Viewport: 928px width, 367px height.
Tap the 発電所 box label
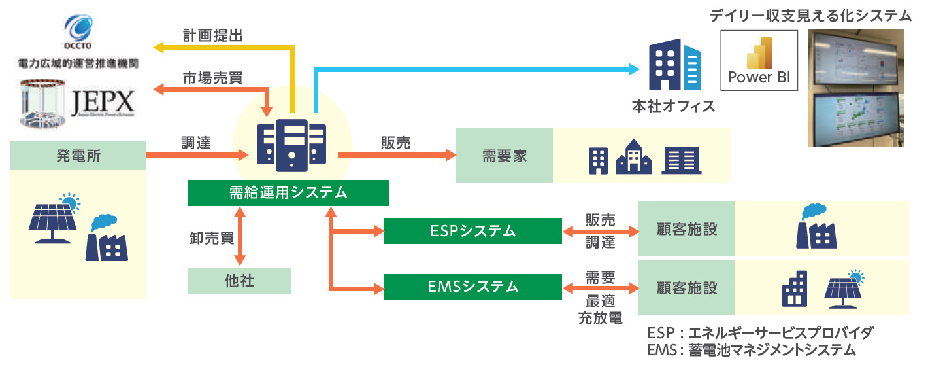pyautogui.click(x=78, y=156)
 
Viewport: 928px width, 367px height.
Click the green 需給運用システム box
pyautogui.click(x=288, y=193)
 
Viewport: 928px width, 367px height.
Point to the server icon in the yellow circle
pyautogui.click(x=291, y=145)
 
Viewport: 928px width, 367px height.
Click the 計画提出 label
pyautogui.click(x=212, y=36)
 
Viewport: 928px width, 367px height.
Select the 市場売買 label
pyautogui.click(x=212, y=78)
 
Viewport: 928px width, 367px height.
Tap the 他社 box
pyautogui.click(x=239, y=281)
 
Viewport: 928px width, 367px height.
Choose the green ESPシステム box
pyautogui.click(x=472, y=230)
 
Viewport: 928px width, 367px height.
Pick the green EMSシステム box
pyautogui.click(x=472, y=287)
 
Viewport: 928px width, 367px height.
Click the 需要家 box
pyautogui.click(x=504, y=156)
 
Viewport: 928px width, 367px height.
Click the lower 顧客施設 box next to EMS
pyautogui.click(x=686, y=287)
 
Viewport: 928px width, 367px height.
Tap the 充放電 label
pyautogui.click(x=600, y=319)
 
